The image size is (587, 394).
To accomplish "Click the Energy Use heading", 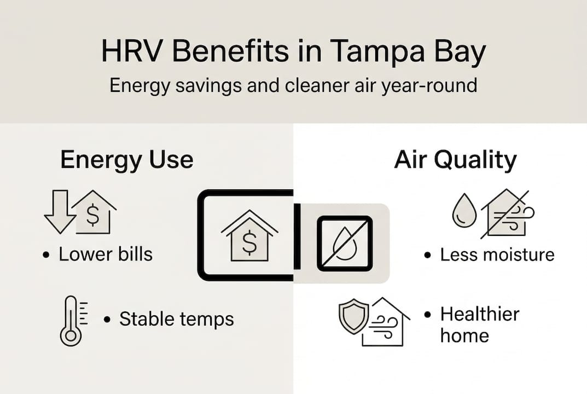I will click(x=126, y=160).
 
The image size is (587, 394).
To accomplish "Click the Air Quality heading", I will click(x=455, y=160).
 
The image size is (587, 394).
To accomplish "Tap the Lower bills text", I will click(x=106, y=254).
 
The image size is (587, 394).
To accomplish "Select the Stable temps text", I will click(x=176, y=318).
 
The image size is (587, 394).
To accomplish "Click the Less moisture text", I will click(x=497, y=254).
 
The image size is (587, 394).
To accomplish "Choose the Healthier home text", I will click(x=479, y=325).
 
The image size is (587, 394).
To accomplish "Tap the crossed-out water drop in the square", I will click(x=345, y=243).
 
